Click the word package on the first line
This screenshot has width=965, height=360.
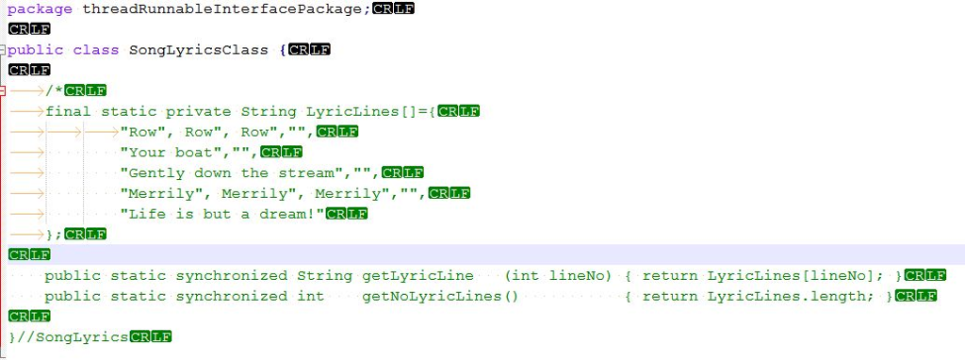click(x=39, y=8)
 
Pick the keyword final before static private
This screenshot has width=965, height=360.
click(x=68, y=111)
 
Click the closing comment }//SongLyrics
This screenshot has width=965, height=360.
click(x=67, y=336)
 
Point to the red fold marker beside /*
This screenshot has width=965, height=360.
click(x=3, y=90)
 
